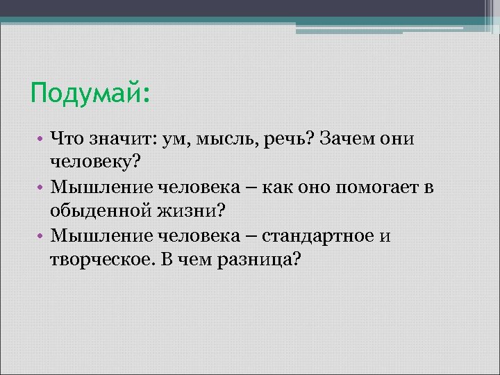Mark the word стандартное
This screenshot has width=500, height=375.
pos(316,235)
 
